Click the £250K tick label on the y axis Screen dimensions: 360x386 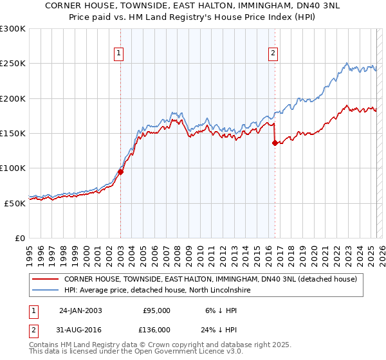tap(13, 64)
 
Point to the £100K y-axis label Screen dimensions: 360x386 tap(13, 168)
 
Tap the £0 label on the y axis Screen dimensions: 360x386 tap(19, 238)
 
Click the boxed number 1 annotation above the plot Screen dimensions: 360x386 tap(120, 53)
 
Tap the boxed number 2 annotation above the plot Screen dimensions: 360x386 tap(273, 53)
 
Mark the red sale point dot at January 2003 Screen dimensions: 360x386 tap(120, 172)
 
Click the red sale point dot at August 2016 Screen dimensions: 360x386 tap(275, 143)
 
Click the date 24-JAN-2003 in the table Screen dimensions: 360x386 tap(80, 310)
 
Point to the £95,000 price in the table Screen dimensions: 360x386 tap(156, 310)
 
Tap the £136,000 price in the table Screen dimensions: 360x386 tap(156, 330)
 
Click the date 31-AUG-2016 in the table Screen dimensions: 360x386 tap(80, 330)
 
